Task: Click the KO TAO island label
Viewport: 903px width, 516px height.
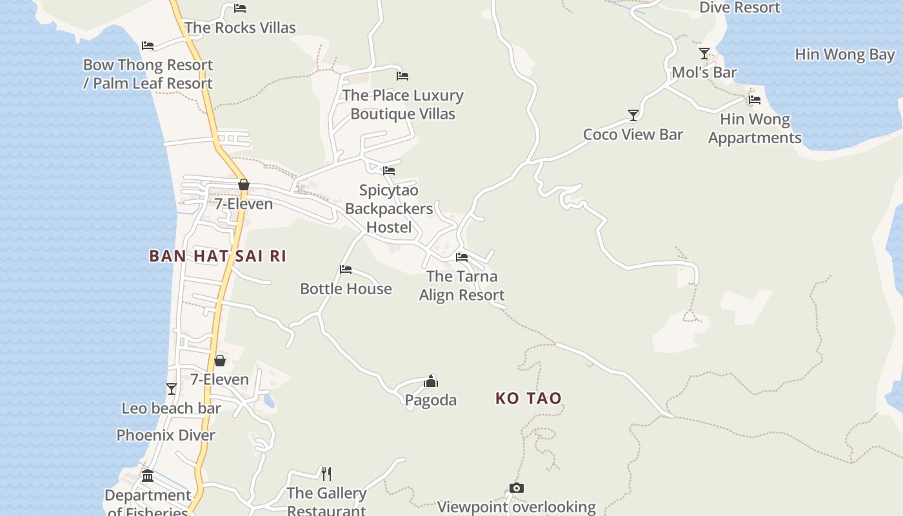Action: click(x=528, y=399)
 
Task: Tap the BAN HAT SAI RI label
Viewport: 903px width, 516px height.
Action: click(x=217, y=256)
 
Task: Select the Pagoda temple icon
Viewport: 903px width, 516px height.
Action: click(x=431, y=381)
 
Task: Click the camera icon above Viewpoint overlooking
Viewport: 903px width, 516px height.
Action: click(x=516, y=488)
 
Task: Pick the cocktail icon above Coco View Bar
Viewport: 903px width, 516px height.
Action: click(x=633, y=115)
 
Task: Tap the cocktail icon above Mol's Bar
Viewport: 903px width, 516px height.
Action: click(x=704, y=54)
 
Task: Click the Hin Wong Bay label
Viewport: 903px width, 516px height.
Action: click(x=845, y=54)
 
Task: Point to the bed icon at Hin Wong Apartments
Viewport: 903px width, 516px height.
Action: click(x=755, y=100)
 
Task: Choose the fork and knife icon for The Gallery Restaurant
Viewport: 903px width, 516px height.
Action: click(x=326, y=474)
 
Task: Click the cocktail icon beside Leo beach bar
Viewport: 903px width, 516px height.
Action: click(x=171, y=388)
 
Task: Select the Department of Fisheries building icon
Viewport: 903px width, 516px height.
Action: click(x=148, y=476)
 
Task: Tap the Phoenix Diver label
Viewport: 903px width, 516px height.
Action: click(x=166, y=435)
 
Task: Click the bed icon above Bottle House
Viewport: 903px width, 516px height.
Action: click(x=346, y=270)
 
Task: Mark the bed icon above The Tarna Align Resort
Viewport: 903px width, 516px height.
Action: click(x=462, y=257)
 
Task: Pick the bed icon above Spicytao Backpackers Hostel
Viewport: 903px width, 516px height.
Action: click(x=389, y=171)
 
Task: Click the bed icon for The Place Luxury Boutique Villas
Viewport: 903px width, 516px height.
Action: click(x=402, y=76)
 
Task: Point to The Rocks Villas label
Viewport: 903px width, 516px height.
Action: click(x=240, y=28)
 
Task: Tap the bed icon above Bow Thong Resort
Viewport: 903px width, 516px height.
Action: click(x=148, y=46)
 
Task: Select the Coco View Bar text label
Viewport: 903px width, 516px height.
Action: click(x=633, y=134)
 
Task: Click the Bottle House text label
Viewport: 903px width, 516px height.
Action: click(x=346, y=288)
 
